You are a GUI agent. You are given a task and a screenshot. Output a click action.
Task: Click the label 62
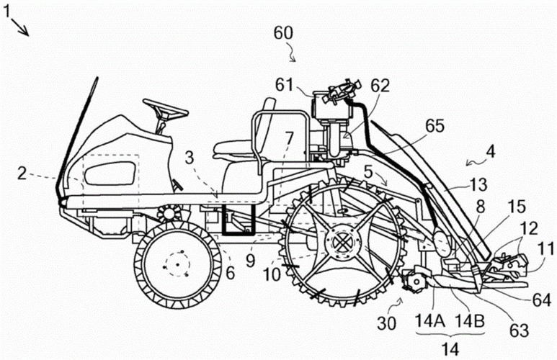click(380, 85)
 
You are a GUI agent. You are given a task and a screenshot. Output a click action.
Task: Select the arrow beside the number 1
click(21, 28)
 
